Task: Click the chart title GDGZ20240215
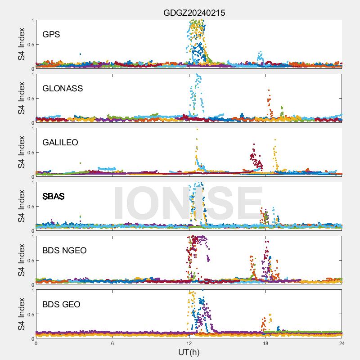point(194,13)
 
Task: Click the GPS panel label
point(51,35)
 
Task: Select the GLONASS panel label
point(63,89)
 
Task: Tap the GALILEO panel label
point(60,143)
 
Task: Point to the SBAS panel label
point(53,197)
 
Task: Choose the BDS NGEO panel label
point(64,251)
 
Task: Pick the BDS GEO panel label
point(61,305)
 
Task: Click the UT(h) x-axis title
point(189,352)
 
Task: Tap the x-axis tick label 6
point(112,343)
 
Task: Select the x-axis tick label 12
point(189,343)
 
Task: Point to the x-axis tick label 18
point(265,343)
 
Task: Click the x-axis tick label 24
point(342,343)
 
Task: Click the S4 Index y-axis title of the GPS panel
point(22,44)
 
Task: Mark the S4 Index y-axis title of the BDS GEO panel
point(22,314)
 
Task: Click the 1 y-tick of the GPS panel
point(32,20)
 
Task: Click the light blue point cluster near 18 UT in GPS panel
point(260,56)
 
